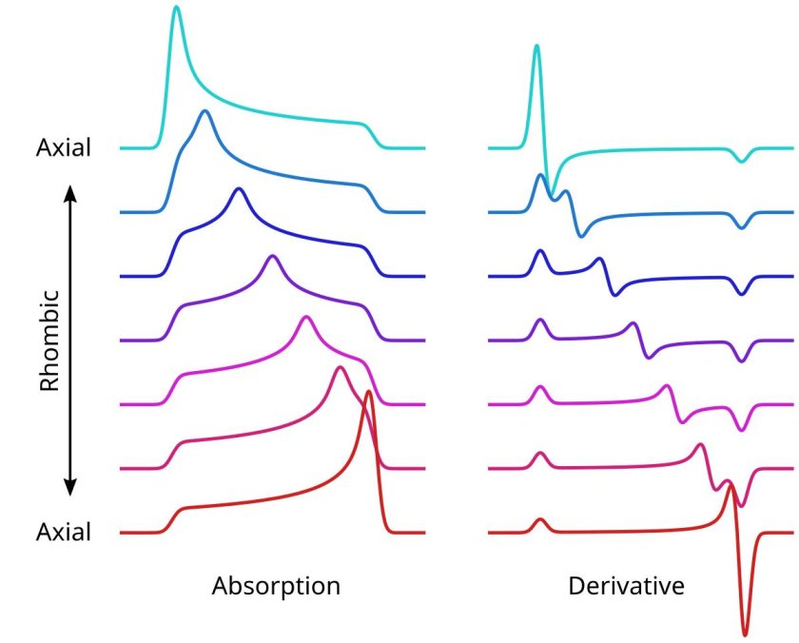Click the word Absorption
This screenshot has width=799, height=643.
(275, 585)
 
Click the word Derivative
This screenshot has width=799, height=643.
(626, 585)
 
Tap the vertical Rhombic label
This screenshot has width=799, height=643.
(49, 340)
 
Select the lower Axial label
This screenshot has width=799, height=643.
(64, 532)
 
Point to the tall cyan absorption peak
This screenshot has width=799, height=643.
(176, 9)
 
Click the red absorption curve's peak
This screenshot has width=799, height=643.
(369, 393)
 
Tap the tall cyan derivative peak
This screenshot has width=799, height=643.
(537, 46)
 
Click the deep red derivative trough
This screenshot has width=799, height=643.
(745, 633)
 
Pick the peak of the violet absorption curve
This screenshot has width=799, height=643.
(273, 256)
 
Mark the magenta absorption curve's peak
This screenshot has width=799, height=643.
(305, 317)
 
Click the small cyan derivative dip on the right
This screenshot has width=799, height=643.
(742, 161)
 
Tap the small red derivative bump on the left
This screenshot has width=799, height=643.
(540, 519)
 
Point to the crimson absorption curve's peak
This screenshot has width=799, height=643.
(340, 367)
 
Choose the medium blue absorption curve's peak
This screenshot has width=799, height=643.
(204, 111)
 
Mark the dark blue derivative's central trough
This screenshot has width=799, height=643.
(614, 294)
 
